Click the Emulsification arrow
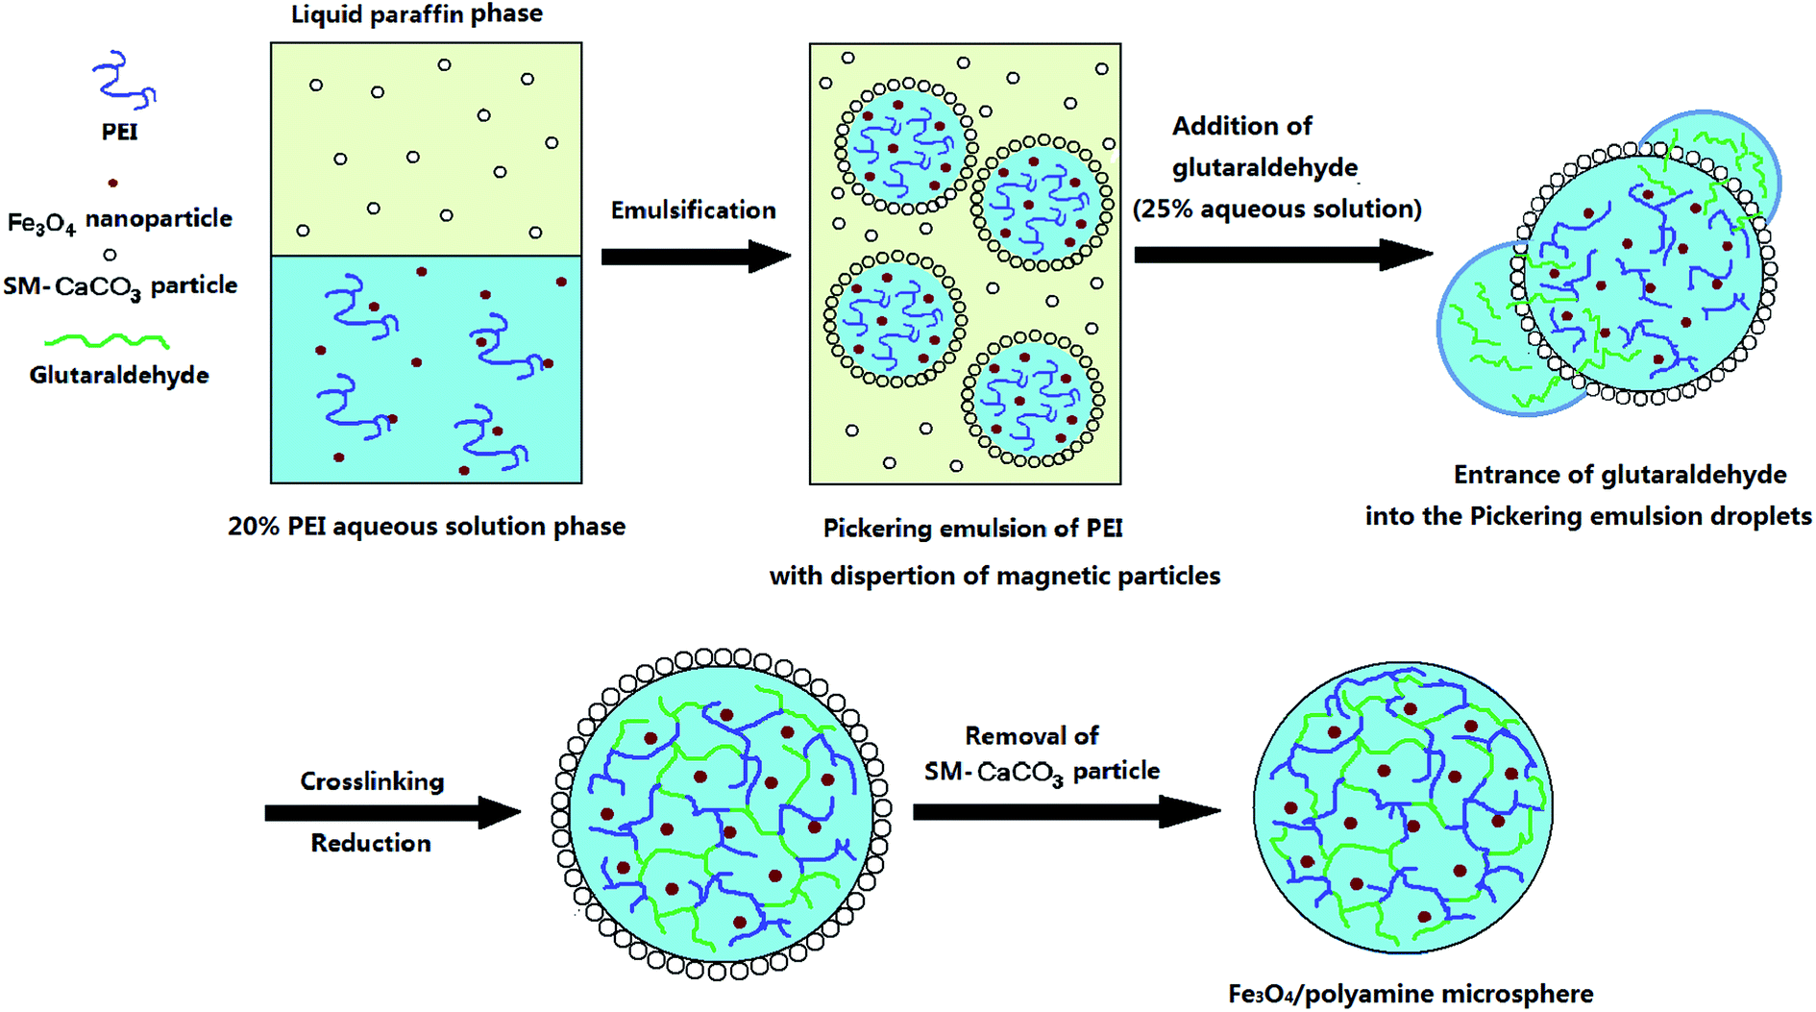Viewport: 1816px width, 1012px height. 695,257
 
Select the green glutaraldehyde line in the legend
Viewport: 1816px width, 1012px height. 108,340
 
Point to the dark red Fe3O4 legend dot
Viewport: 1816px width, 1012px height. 113,183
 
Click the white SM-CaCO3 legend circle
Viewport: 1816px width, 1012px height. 110,255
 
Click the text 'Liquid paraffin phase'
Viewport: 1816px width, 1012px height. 417,14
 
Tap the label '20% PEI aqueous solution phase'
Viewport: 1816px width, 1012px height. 426,527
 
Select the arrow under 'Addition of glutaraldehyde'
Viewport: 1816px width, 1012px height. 1282,255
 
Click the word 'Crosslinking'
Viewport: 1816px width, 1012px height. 372,781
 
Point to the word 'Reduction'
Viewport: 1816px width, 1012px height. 371,844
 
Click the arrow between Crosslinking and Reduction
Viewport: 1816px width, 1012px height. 392,813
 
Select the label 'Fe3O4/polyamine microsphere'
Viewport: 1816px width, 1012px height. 1411,994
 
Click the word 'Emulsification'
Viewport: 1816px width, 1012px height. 693,210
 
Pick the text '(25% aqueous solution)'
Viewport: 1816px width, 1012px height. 1277,210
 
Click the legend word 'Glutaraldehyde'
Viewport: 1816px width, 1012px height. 119,375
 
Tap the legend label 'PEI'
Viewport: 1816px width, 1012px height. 119,132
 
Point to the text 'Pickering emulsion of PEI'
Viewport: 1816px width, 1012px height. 972,529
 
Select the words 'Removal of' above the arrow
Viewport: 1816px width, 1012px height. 1031,736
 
